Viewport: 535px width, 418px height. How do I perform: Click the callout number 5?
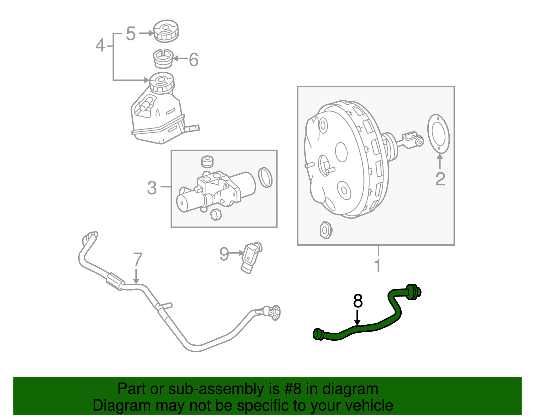(x=131, y=34)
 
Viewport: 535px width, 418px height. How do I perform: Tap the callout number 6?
(x=194, y=60)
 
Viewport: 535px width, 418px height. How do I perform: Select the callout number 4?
(x=100, y=45)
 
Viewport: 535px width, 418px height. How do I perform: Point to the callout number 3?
(x=152, y=188)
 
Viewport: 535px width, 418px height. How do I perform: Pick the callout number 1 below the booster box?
(x=378, y=265)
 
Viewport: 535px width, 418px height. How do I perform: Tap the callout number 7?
(x=138, y=259)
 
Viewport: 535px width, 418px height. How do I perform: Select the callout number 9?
(x=224, y=254)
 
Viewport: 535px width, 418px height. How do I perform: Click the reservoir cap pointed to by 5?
(x=166, y=31)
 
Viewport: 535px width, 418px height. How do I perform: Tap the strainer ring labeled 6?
(x=163, y=59)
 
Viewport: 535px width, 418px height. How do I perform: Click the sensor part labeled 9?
(x=251, y=257)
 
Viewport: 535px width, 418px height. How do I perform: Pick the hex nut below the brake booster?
(x=325, y=230)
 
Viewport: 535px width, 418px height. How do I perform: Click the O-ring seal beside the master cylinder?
(x=265, y=177)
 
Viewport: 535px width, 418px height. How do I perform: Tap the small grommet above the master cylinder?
(x=207, y=161)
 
